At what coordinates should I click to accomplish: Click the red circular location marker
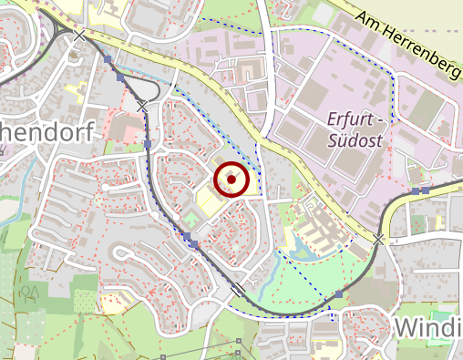pyautogui.click(x=231, y=180)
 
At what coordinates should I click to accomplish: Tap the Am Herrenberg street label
pyautogui.click(x=406, y=46)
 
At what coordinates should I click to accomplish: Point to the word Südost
pyautogui.click(x=355, y=141)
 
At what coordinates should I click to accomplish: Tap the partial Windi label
pyautogui.click(x=427, y=329)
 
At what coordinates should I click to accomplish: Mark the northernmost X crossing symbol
pyautogui.click(x=80, y=36)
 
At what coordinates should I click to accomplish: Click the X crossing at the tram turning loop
pyautogui.click(x=142, y=108)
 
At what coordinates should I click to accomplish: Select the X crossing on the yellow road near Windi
pyautogui.click(x=377, y=239)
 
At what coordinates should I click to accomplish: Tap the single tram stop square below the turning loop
pyautogui.click(x=147, y=144)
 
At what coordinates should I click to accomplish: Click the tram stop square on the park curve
pyautogui.click(x=339, y=294)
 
